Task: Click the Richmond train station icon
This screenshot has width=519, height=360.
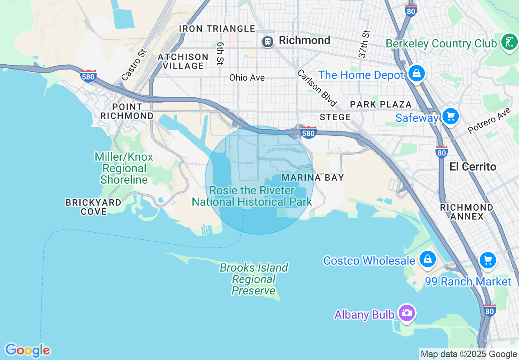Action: click(x=268, y=41)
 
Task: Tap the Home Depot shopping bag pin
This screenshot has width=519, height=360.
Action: click(x=416, y=74)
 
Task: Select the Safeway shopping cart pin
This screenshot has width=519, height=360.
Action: click(x=451, y=117)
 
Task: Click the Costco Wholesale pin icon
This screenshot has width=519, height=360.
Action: click(x=427, y=259)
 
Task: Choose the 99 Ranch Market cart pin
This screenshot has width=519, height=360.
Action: click(x=487, y=260)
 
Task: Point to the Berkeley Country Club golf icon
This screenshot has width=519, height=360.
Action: click(x=509, y=42)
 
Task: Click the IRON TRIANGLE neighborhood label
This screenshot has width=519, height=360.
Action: click(x=217, y=29)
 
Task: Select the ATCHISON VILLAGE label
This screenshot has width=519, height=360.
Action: click(x=183, y=61)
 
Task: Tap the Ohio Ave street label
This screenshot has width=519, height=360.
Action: click(x=247, y=78)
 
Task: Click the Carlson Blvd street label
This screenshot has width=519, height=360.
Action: click(x=316, y=88)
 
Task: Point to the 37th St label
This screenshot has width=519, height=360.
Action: click(x=364, y=44)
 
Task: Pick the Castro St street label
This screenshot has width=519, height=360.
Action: click(x=134, y=65)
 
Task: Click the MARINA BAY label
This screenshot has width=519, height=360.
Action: click(x=313, y=178)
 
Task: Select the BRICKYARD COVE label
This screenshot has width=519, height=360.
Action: click(x=93, y=207)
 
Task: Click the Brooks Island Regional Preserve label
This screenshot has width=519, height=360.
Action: click(x=254, y=279)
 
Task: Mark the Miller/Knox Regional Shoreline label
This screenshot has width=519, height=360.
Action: click(x=124, y=168)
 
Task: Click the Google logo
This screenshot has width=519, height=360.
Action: click(x=27, y=350)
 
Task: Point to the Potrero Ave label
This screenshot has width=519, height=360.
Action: click(x=490, y=120)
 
